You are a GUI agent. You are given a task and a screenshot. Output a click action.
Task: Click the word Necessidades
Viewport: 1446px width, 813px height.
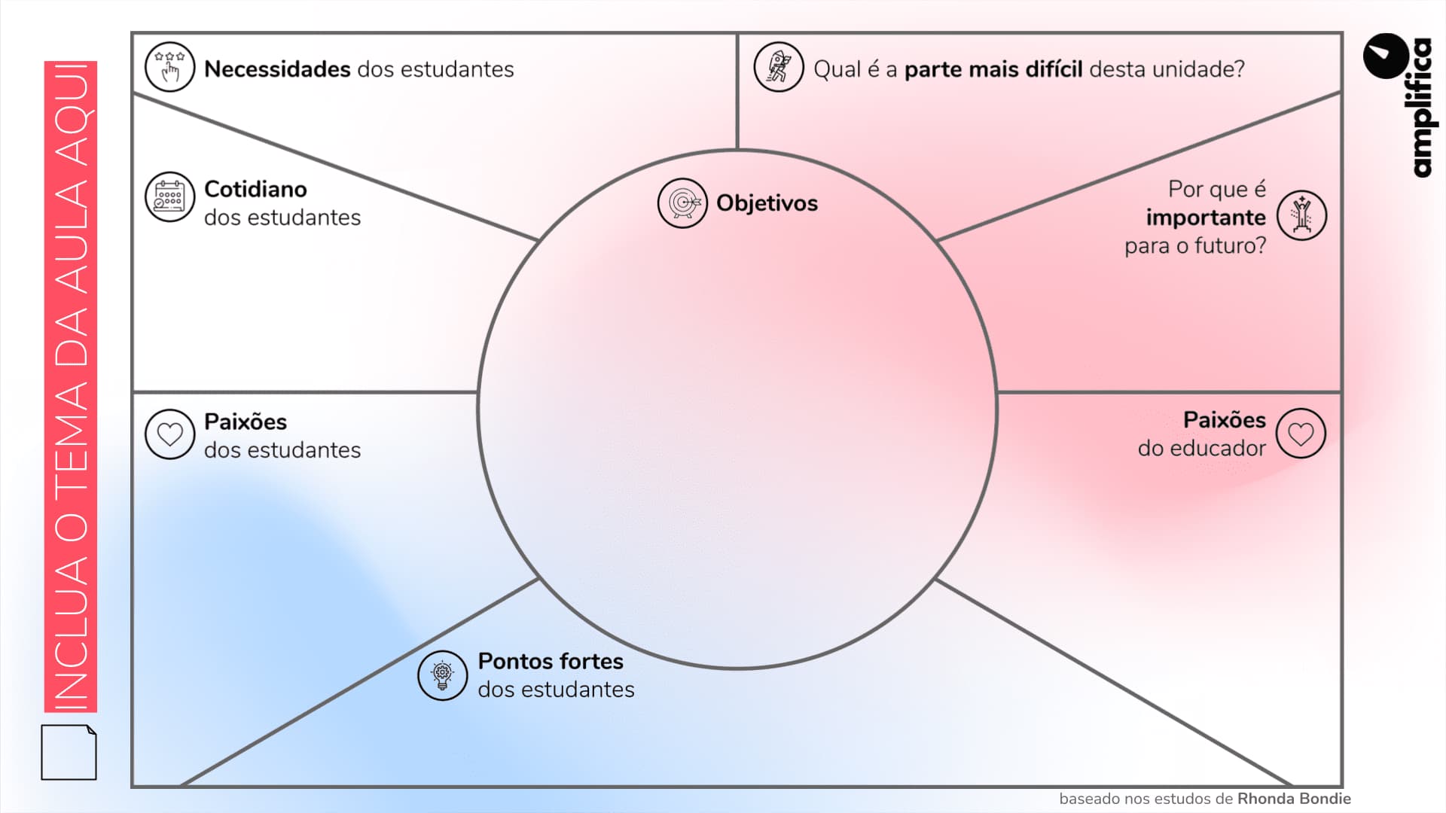coord(277,69)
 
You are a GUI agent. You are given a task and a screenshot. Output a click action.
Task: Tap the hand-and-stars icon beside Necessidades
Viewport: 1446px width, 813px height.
coord(169,67)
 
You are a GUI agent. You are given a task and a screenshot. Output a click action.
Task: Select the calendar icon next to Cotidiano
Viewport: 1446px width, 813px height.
coord(169,196)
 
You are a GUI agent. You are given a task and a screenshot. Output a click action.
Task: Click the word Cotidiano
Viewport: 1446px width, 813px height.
coord(255,189)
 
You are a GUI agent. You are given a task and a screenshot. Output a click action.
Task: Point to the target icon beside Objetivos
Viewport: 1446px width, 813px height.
coord(682,203)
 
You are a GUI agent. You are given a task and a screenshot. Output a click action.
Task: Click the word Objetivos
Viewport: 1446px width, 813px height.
coord(767,203)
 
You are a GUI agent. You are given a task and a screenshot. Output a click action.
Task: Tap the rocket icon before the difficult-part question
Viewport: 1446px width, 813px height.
coord(779,67)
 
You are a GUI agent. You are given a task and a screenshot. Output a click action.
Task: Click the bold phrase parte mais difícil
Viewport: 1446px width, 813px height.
coord(993,69)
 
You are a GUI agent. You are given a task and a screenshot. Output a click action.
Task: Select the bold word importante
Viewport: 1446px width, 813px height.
coord(1206,218)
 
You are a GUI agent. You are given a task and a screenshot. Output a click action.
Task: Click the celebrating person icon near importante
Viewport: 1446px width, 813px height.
coord(1301,215)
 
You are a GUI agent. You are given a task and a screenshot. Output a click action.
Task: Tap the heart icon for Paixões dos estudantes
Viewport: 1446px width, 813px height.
coord(169,434)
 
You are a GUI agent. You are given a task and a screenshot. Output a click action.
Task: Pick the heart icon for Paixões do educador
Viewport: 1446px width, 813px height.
coord(1301,434)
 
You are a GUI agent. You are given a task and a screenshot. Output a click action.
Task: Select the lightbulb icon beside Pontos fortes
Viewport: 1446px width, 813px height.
coord(442,675)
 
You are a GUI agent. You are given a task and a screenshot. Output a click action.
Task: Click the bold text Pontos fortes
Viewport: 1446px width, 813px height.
coord(551,661)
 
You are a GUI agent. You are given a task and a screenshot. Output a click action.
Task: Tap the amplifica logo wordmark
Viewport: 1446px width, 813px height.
coord(1420,109)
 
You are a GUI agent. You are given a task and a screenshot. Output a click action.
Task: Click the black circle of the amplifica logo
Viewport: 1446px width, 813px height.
coord(1386,56)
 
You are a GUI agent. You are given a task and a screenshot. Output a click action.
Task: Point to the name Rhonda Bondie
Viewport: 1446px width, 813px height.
coord(1294,799)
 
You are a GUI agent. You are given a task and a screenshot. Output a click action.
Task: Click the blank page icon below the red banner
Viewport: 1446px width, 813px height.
coord(69,752)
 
